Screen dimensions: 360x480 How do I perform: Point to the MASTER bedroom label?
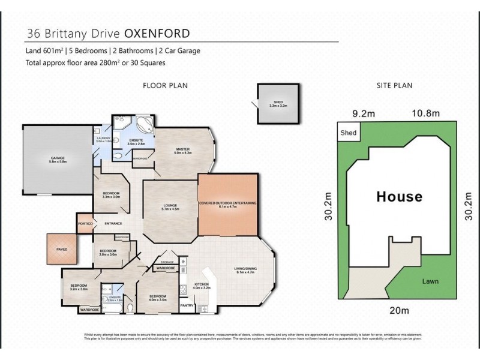(x=183, y=151)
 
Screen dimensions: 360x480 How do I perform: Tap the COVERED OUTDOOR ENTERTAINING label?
(x=227, y=204)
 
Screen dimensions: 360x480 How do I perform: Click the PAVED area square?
(x=62, y=248)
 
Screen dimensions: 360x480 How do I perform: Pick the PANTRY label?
(x=187, y=305)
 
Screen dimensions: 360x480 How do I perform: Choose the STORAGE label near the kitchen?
(x=167, y=262)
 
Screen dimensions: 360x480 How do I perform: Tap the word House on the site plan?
(x=399, y=196)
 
